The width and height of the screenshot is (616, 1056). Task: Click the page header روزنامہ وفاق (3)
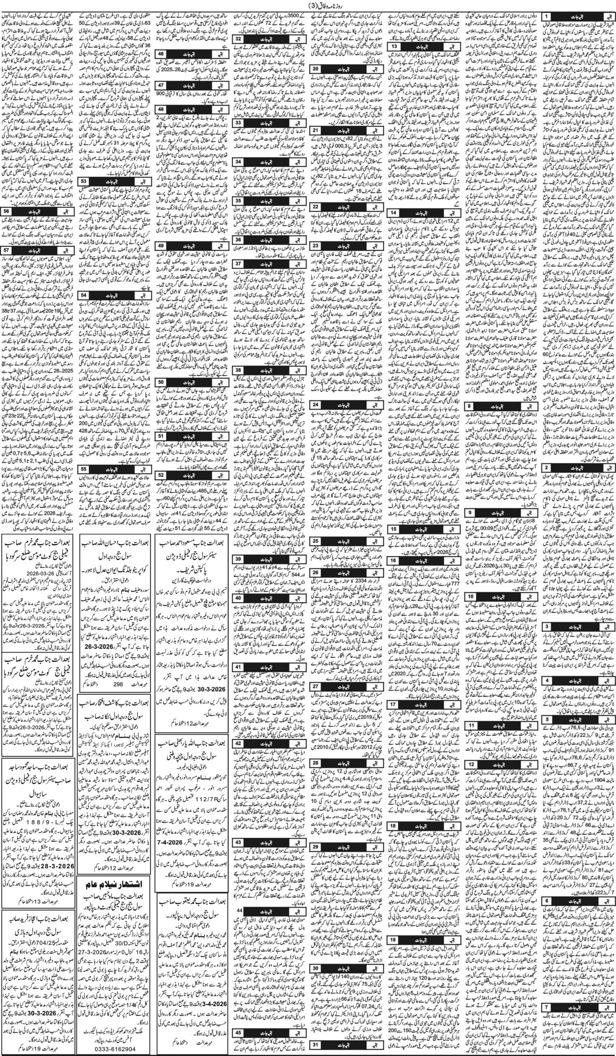tap(308, 5)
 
